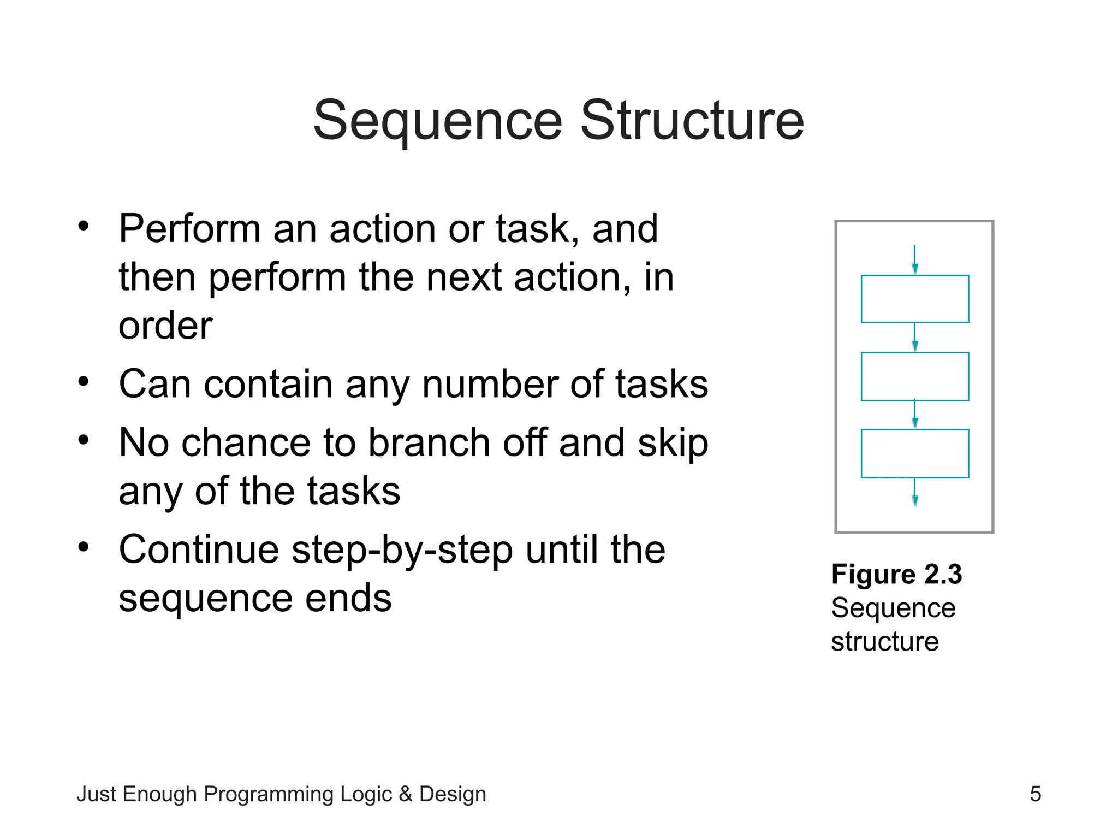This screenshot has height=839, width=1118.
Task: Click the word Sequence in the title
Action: tap(437, 121)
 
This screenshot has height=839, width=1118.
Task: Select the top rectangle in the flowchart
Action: tap(914, 299)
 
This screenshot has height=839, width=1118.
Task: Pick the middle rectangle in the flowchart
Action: tap(914, 376)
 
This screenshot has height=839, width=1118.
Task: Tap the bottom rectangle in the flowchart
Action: tap(914, 453)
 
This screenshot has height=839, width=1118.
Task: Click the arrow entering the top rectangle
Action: tap(915, 259)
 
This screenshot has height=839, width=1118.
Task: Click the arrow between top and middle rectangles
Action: tap(915, 337)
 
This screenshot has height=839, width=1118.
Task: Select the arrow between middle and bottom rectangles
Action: tap(915, 415)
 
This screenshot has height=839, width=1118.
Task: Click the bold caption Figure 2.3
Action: tap(896, 574)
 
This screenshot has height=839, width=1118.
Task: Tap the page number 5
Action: tap(1035, 794)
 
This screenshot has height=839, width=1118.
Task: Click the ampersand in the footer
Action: tap(405, 794)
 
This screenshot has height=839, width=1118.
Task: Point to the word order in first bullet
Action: tap(165, 326)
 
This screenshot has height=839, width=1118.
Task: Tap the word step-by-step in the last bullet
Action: tap(402, 551)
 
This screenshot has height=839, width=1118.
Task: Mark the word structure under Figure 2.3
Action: tap(884, 641)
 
